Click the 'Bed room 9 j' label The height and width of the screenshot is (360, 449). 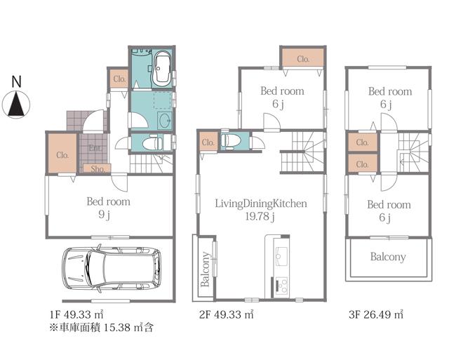tap(109, 208)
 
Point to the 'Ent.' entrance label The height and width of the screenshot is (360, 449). tap(94, 147)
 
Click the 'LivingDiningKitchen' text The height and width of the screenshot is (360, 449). tap(261, 204)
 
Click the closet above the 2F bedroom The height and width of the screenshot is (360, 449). tap(302, 58)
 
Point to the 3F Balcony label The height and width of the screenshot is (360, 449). tap(388, 257)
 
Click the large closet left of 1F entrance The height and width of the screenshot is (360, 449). tap(62, 154)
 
